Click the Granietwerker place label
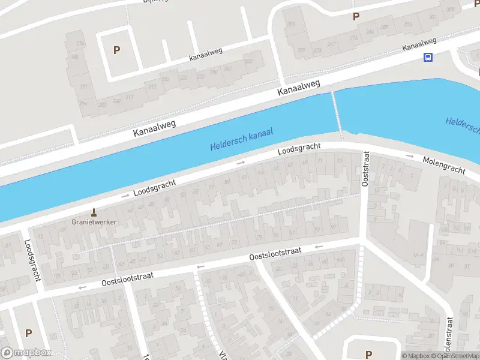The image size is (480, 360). pos(94,221)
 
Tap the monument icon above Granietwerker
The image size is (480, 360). pos(94,212)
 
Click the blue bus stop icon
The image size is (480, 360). pos(428,58)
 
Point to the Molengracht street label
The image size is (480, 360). pos(444,166)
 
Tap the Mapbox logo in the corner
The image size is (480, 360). pos(26,353)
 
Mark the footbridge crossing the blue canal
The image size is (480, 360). pos(337,113)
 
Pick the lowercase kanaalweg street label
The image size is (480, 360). pos(205,55)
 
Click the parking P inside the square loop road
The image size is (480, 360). pos(116,50)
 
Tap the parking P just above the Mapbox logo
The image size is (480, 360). pos(28,332)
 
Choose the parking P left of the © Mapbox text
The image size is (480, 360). pos(368,355)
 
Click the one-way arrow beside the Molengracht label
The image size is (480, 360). pos(410,156)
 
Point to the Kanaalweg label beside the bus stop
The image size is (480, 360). pos(419,44)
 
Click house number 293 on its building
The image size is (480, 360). pos(407,25)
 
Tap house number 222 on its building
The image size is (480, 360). pos(166,79)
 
